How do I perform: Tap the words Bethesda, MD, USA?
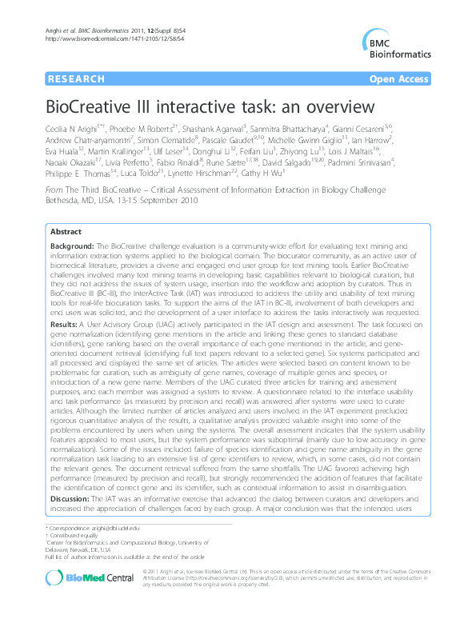point(77,202)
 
